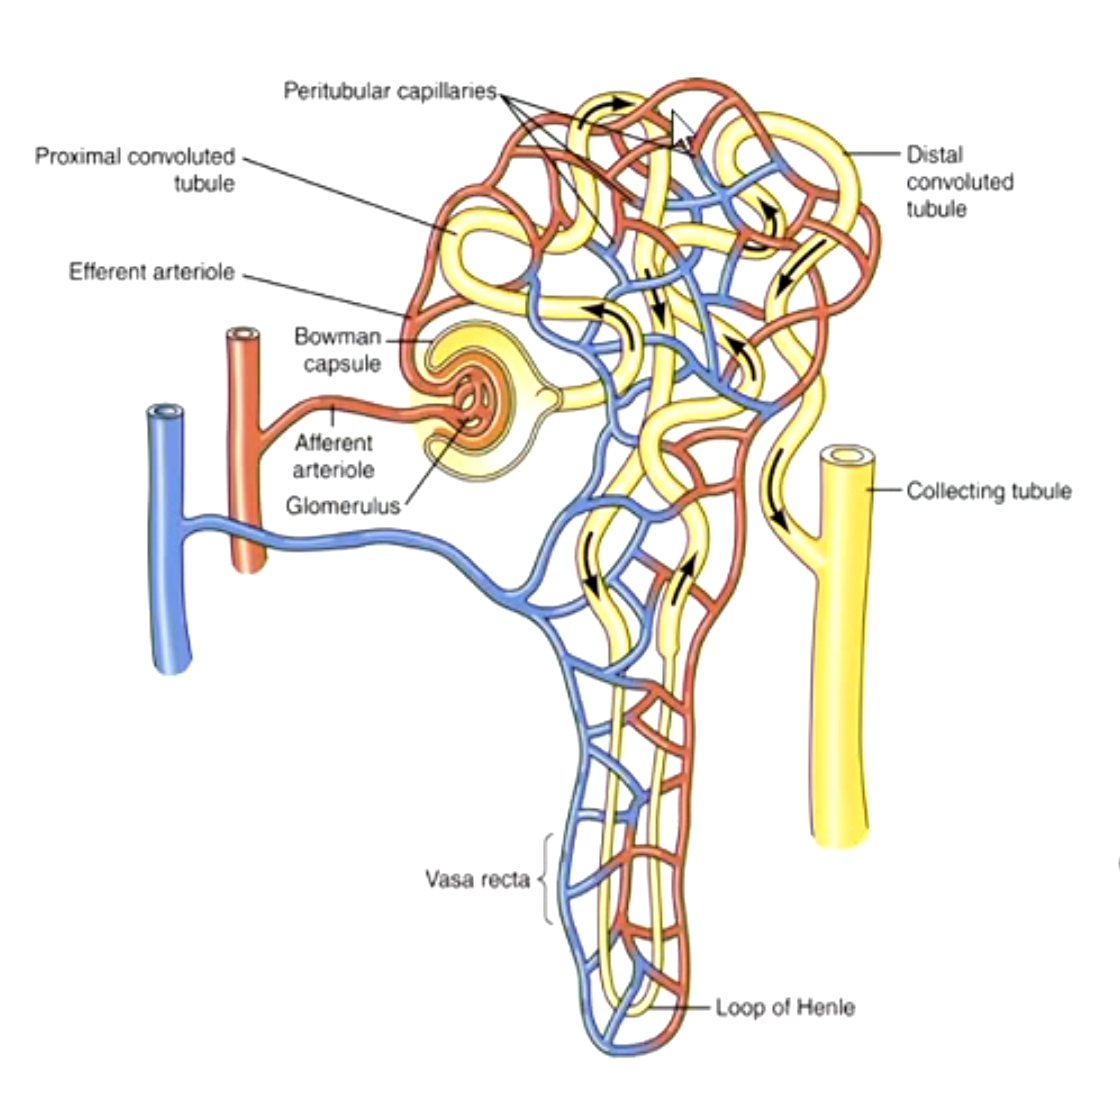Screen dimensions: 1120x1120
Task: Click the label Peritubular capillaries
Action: point(389,92)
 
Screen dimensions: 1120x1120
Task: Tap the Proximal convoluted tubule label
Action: point(136,170)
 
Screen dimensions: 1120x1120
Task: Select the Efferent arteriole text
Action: point(152,272)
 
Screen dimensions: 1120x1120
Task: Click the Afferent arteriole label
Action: point(334,455)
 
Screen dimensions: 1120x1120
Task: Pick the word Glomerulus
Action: point(342,506)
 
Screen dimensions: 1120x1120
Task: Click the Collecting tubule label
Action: point(988,491)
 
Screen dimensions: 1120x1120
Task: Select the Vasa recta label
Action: point(477,880)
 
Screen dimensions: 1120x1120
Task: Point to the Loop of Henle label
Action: point(785,1007)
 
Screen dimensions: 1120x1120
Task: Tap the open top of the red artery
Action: point(243,334)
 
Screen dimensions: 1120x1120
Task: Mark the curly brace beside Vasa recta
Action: point(546,880)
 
